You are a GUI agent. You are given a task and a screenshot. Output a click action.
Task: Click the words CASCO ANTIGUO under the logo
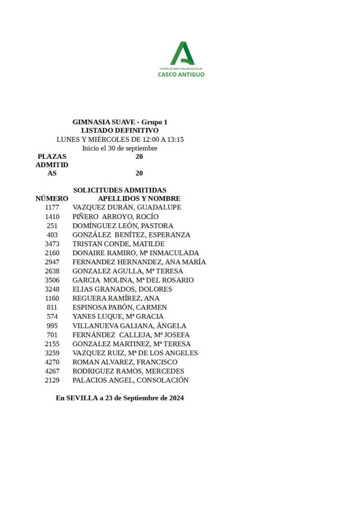(x=181, y=75)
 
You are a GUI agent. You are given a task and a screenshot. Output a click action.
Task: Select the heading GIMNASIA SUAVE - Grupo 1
(x=120, y=122)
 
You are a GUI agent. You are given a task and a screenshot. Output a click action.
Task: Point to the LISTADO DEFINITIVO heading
(x=120, y=130)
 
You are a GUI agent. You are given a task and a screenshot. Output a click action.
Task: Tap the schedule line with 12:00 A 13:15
(x=120, y=139)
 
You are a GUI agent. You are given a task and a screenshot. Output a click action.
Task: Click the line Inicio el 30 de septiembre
(x=120, y=148)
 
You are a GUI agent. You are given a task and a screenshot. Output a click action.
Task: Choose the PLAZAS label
(x=52, y=156)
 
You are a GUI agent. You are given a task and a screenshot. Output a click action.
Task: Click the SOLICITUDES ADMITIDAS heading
(x=120, y=190)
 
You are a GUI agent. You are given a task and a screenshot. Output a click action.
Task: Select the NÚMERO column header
(x=52, y=199)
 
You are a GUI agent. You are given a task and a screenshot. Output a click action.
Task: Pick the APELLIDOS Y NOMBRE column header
(x=139, y=199)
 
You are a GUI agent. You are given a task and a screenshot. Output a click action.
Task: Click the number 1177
(x=52, y=207)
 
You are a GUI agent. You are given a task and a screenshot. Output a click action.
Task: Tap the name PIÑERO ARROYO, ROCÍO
(x=115, y=216)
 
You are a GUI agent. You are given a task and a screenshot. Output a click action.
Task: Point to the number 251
(x=52, y=226)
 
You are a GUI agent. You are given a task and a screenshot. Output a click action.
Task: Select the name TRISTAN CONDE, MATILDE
(x=118, y=244)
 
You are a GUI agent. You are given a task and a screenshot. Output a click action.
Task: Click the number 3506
(x=52, y=280)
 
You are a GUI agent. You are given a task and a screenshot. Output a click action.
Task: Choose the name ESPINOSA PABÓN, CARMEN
(x=119, y=307)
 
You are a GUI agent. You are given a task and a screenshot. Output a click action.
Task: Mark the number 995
(x=52, y=326)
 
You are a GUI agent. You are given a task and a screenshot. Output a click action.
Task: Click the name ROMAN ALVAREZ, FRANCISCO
(x=125, y=362)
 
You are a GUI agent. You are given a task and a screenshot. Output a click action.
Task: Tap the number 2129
(x=52, y=380)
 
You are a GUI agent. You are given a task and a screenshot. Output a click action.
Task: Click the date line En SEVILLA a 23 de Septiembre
(x=120, y=398)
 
